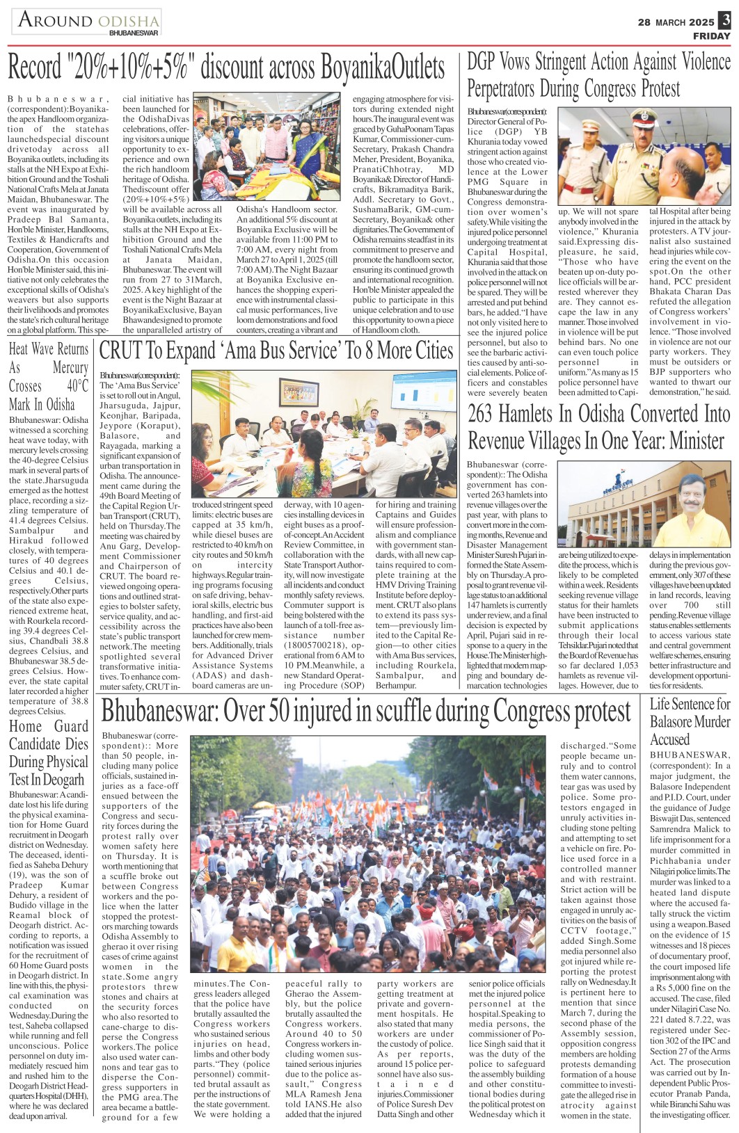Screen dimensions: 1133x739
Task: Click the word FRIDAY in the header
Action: tap(711, 36)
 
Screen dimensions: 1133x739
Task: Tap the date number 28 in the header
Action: tap(644, 22)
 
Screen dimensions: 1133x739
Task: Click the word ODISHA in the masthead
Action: tap(128, 22)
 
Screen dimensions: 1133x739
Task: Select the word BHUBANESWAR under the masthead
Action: tap(134, 33)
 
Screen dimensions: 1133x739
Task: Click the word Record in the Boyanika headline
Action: tap(35, 68)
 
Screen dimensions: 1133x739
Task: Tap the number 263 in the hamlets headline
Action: tap(481, 414)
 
